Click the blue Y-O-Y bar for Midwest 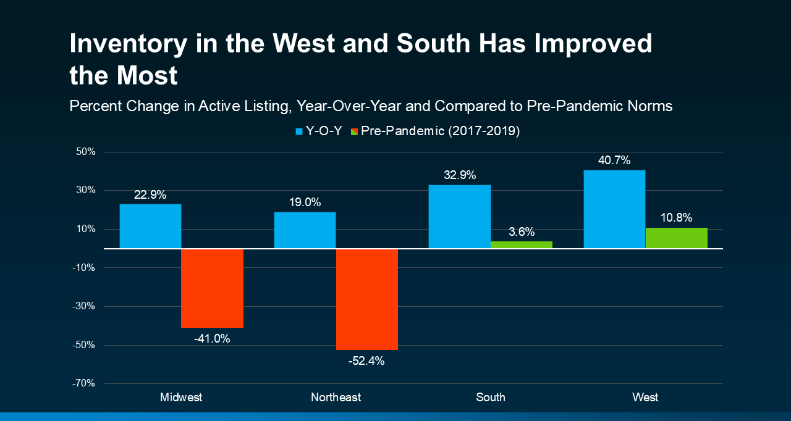[x=150, y=226]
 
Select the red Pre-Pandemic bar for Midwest [x=212, y=288]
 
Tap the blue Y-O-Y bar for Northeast [x=305, y=230]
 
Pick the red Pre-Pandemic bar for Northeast [x=366, y=299]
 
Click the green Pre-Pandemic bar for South [x=521, y=244]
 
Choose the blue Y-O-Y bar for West [x=614, y=209]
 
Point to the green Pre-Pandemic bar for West [x=676, y=238]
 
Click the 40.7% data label [x=614, y=160]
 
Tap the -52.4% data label [x=366, y=361]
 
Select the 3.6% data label [x=522, y=232]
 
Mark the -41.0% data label [x=212, y=338]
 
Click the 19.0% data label [x=305, y=202]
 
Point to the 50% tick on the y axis [x=86, y=152]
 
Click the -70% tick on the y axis [x=84, y=383]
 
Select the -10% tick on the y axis [x=84, y=268]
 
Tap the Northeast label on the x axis [x=336, y=398]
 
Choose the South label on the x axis [x=491, y=398]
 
